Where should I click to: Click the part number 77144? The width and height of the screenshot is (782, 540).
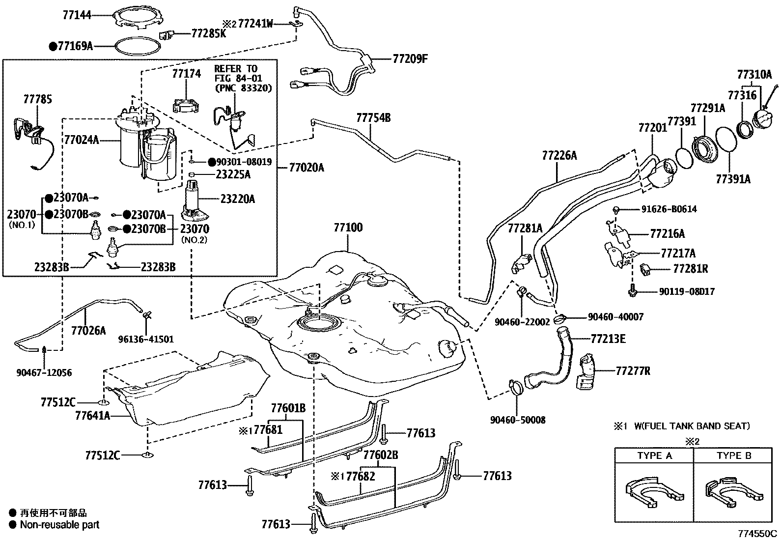78,15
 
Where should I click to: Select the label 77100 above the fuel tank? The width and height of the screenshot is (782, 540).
348,227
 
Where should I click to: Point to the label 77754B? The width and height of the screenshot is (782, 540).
373,117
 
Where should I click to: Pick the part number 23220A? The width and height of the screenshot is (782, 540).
238,199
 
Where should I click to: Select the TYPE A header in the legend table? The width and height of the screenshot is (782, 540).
654,455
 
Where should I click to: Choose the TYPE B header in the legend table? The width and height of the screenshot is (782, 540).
734,455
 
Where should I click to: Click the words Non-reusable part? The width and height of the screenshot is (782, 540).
59,525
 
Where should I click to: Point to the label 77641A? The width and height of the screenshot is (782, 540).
93,416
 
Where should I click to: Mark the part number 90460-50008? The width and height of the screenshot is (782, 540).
518,420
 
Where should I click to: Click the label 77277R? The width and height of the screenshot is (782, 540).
633,371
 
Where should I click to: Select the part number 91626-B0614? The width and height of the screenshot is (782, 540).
669,209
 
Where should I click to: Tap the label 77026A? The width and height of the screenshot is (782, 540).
88,330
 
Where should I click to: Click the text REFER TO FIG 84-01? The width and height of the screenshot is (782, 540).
238,73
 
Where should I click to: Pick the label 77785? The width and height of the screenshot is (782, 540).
37,100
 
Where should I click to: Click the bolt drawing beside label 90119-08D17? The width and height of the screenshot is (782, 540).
633,291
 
